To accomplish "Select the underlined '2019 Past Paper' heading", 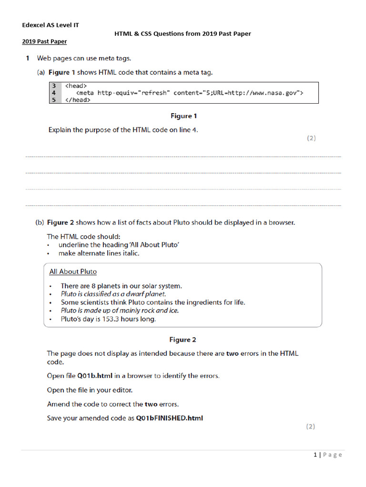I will [44, 42].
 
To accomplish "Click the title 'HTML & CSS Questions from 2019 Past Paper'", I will [183, 34].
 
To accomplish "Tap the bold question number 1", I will [28, 58].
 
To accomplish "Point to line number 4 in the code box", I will [54, 93].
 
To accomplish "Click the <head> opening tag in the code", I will [76, 86].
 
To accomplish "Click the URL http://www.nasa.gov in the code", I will [264, 93].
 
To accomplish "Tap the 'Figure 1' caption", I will [183, 116].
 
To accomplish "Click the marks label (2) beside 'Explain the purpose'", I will [311, 138].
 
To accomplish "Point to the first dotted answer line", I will [183, 156].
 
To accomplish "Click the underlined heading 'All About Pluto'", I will [73, 272].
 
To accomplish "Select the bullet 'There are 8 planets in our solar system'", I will [121, 286].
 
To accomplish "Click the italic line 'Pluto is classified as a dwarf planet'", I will [113, 294].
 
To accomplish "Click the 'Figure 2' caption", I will [183, 340].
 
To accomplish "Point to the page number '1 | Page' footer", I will [328, 455].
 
